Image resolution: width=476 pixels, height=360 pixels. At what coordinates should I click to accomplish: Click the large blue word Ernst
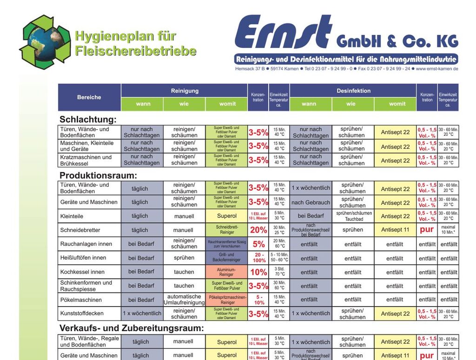pos(283,32)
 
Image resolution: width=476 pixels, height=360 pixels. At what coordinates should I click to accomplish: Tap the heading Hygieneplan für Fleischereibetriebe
pos(135,43)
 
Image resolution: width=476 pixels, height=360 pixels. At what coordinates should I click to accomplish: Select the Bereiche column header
pos(89,97)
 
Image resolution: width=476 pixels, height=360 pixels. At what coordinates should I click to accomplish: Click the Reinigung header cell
pos(185,91)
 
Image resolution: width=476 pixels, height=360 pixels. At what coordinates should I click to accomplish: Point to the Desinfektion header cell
pos(353,91)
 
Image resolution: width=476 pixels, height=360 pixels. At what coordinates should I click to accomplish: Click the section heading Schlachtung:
pos(88,120)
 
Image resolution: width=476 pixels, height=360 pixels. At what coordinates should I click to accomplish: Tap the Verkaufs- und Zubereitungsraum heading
pos(132,328)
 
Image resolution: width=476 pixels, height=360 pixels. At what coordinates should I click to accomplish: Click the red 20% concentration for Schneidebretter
pos(258,230)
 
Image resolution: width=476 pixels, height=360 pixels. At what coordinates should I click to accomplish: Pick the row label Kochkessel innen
pos(83,272)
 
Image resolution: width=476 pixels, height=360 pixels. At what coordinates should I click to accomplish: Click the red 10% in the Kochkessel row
pos(258,272)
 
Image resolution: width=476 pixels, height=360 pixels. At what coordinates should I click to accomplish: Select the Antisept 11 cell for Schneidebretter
pos(395,230)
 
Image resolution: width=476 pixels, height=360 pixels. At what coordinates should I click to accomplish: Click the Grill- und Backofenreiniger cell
pos(227,258)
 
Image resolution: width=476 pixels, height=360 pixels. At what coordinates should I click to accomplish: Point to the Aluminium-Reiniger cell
pos(227,272)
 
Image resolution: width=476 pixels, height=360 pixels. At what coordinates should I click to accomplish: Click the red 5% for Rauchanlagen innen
pos(258,244)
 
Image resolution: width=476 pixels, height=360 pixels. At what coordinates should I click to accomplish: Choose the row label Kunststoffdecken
pos(82,313)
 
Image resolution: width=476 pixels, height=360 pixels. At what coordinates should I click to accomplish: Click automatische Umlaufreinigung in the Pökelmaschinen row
pos(184,300)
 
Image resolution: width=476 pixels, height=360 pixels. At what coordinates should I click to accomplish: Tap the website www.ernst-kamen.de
pos(437,68)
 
